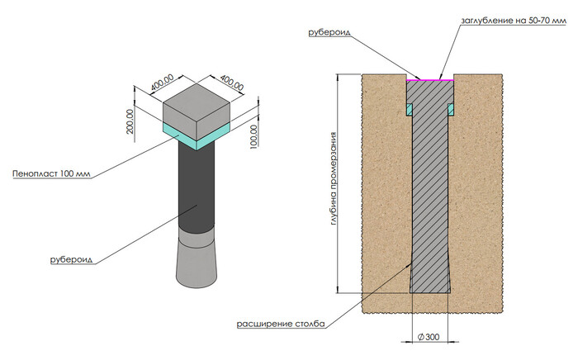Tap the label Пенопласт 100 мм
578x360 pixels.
[50, 174]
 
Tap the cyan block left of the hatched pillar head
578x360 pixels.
[408, 108]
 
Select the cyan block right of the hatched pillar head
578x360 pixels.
[451, 108]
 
